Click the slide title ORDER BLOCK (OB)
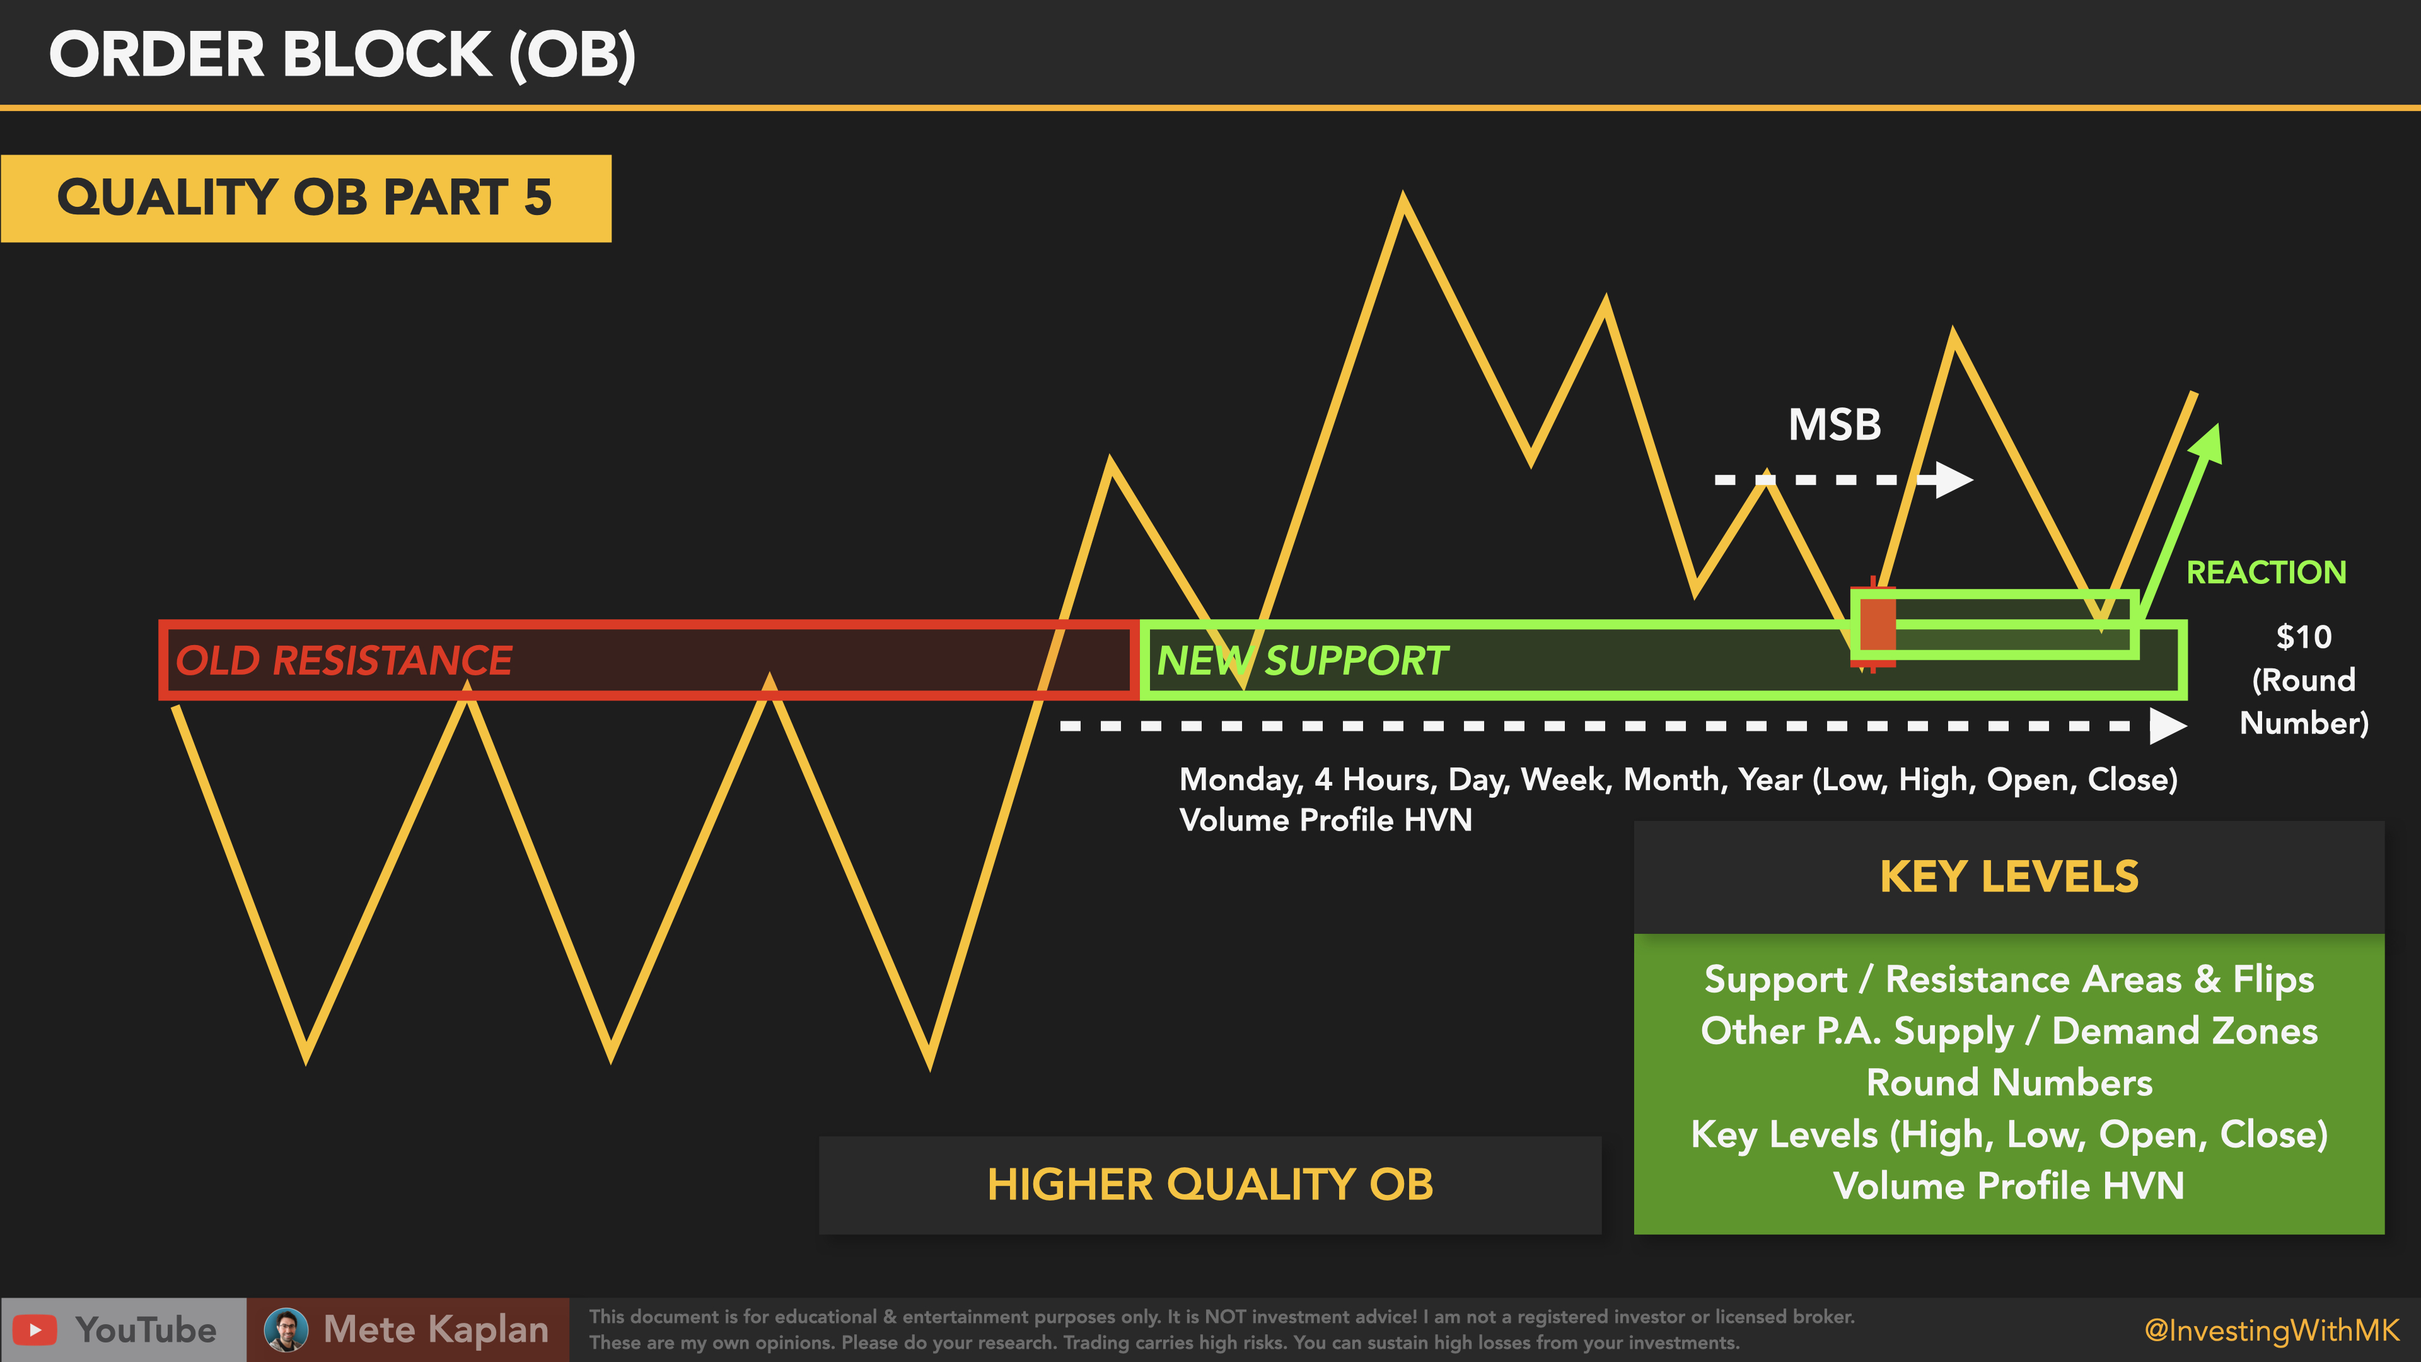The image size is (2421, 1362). [x=342, y=54]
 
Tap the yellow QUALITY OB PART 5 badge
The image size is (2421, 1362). [x=305, y=199]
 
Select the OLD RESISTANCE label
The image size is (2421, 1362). [x=344, y=660]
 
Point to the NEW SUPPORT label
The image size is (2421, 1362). [x=1302, y=660]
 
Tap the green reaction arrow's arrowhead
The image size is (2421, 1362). [x=2209, y=444]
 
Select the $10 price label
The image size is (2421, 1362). [x=2304, y=637]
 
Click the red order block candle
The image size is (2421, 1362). [x=1873, y=624]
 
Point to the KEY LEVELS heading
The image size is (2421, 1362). [x=2009, y=877]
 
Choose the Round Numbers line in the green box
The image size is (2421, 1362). [x=2009, y=1083]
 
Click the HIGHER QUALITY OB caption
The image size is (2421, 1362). [x=1210, y=1184]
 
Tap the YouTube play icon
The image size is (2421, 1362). [x=35, y=1330]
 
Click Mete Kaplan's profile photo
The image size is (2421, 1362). [x=286, y=1330]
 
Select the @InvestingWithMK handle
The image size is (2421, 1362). [x=2272, y=1330]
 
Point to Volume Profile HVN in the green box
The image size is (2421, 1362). [x=2009, y=1186]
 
